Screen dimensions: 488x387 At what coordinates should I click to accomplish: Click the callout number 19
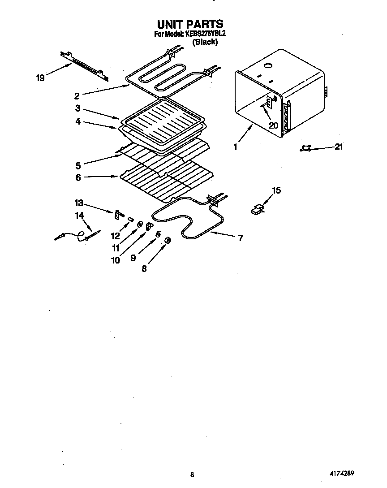(40, 78)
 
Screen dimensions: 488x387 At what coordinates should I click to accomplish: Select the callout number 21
(339, 147)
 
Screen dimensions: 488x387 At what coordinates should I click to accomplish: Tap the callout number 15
(276, 190)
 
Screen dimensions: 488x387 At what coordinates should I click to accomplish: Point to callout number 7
(241, 238)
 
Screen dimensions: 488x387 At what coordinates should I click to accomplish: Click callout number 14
(79, 216)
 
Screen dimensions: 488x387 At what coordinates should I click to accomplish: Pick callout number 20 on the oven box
(273, 125)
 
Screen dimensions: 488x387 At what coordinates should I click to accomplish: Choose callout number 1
(236, 147)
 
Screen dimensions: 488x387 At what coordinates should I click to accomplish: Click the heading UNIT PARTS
(190, 24)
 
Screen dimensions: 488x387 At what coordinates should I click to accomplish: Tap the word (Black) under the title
(205, 42)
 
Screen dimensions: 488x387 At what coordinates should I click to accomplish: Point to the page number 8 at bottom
(192, 475)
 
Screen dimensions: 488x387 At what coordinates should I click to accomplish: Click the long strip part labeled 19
(84, 65)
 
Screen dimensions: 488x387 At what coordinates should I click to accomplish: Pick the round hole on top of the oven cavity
(268, 66)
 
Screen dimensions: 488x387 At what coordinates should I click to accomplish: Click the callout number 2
(77, 95)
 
